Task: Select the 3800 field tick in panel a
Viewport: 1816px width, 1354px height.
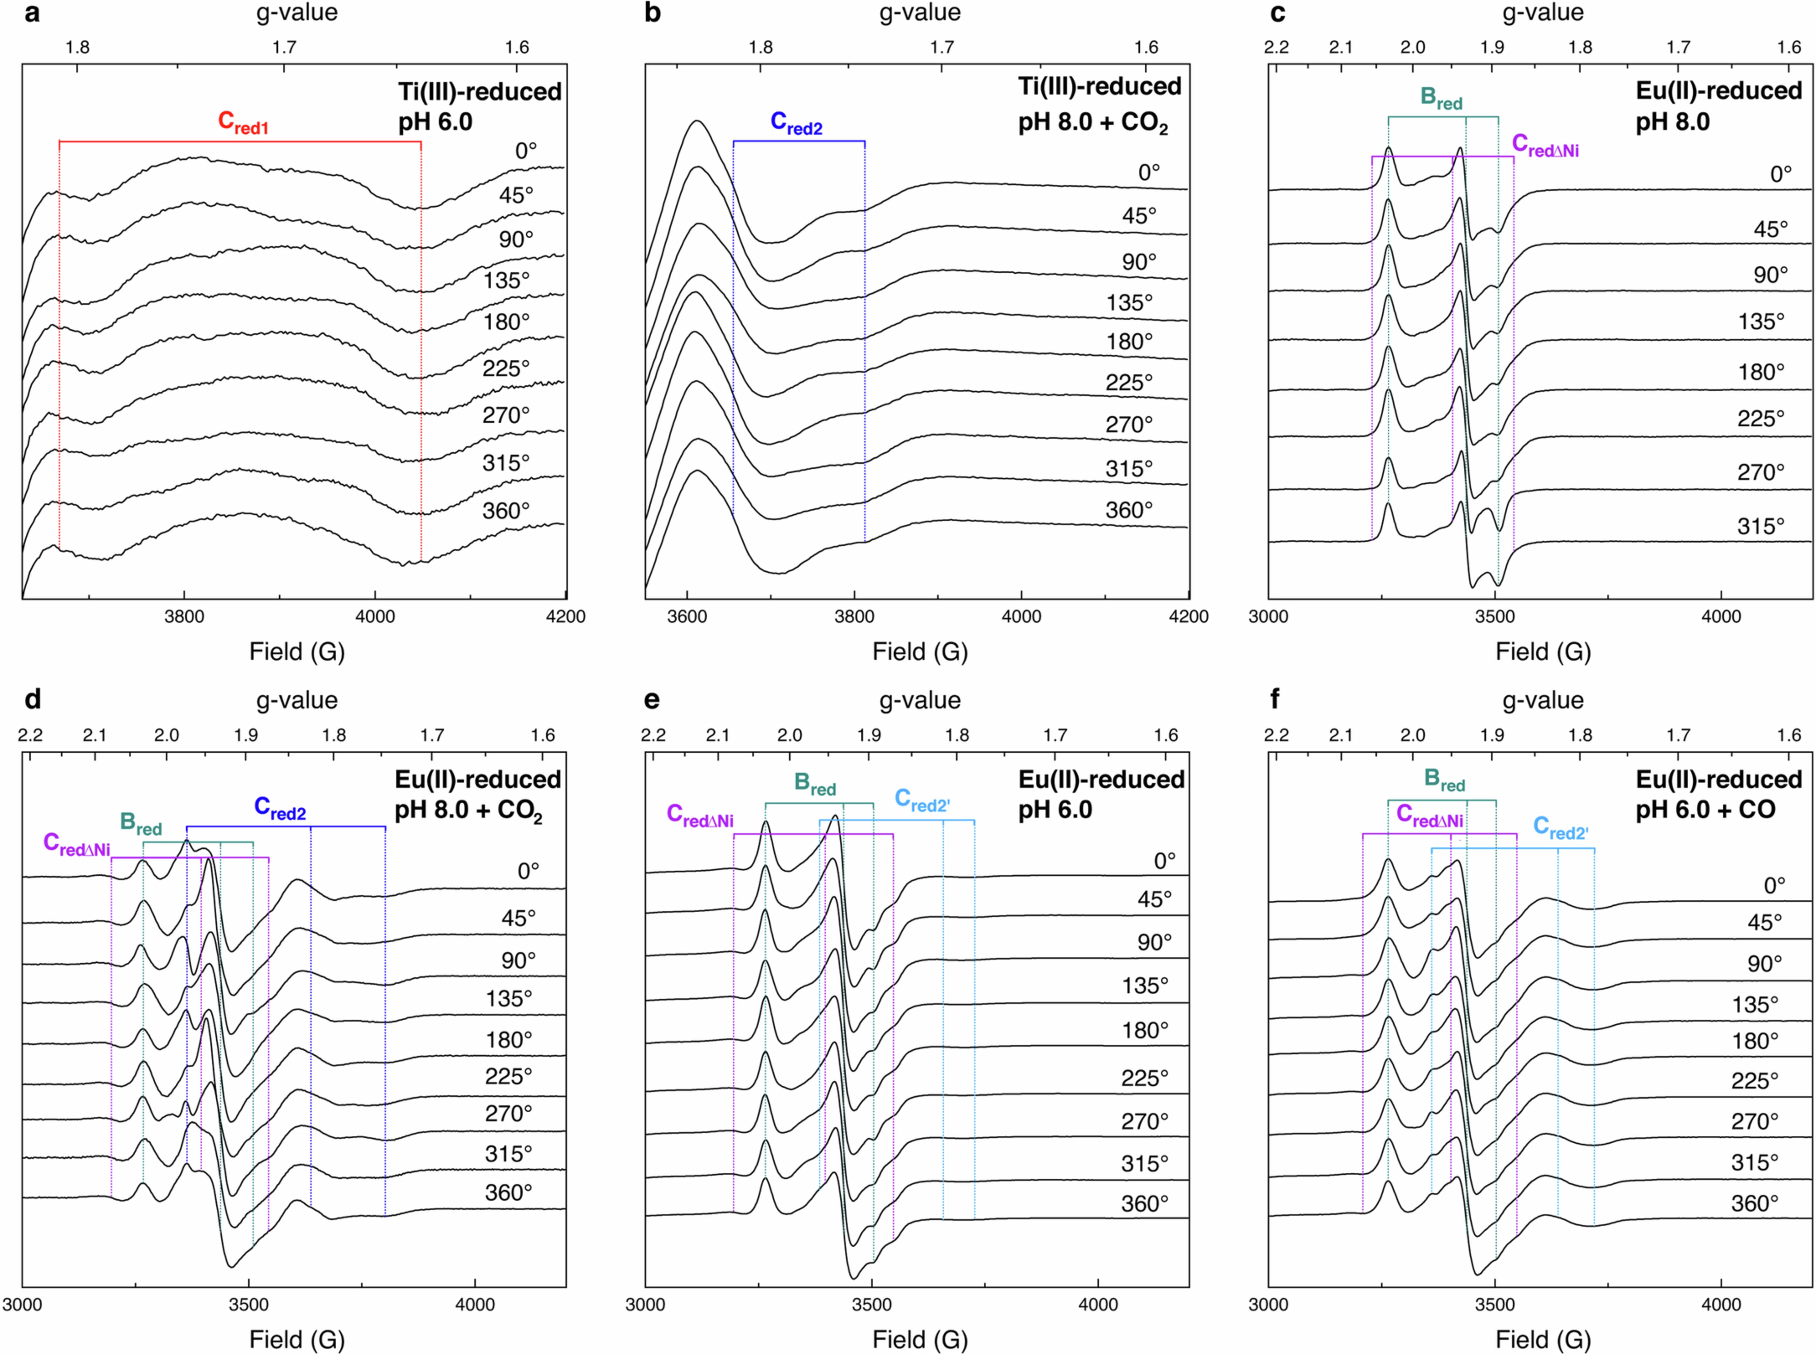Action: click(184, 617)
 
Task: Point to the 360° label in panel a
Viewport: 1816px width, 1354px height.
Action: click(506, 511)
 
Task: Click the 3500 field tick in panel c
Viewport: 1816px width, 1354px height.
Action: click(1494, 617)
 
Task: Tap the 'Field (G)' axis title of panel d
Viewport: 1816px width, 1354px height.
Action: click(297, 1339)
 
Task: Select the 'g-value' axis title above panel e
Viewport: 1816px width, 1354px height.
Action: click(920, 700)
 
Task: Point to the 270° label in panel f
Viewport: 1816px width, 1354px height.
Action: click(1755, 1120)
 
